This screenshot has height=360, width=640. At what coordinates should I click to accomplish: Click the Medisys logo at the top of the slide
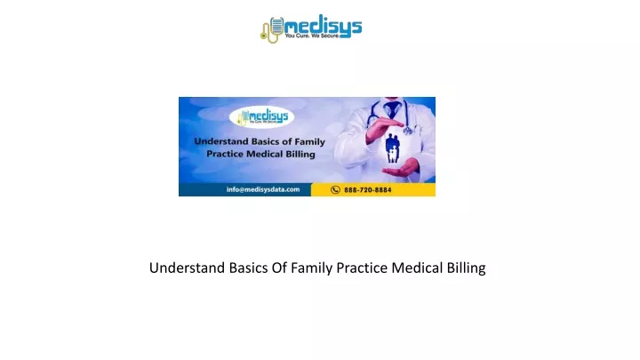(x=311, y=28)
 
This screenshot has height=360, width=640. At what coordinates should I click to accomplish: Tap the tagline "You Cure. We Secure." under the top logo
(x=312, y=36)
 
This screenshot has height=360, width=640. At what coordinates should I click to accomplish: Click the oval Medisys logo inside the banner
(x=261, y=117)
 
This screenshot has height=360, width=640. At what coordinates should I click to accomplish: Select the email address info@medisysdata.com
(x=263, y=189)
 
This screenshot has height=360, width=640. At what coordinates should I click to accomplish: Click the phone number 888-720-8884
(x=367, y=190)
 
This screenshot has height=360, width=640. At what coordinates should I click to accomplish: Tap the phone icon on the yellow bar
(x=335, y=190)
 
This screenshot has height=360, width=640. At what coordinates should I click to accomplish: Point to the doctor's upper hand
(x=384, y=128)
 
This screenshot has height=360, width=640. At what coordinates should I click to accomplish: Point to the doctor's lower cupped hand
(x=401, y=168)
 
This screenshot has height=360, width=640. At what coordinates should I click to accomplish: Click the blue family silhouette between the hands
(x=392, y=148)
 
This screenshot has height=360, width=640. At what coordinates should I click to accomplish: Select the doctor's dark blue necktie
(x=393, y=108)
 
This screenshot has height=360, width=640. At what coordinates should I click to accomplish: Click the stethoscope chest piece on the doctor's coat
(x=407, y=130)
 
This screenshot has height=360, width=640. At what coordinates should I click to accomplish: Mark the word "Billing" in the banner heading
(x=300, y=155)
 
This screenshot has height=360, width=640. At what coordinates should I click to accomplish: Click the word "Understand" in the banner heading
(x=220, y=141)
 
